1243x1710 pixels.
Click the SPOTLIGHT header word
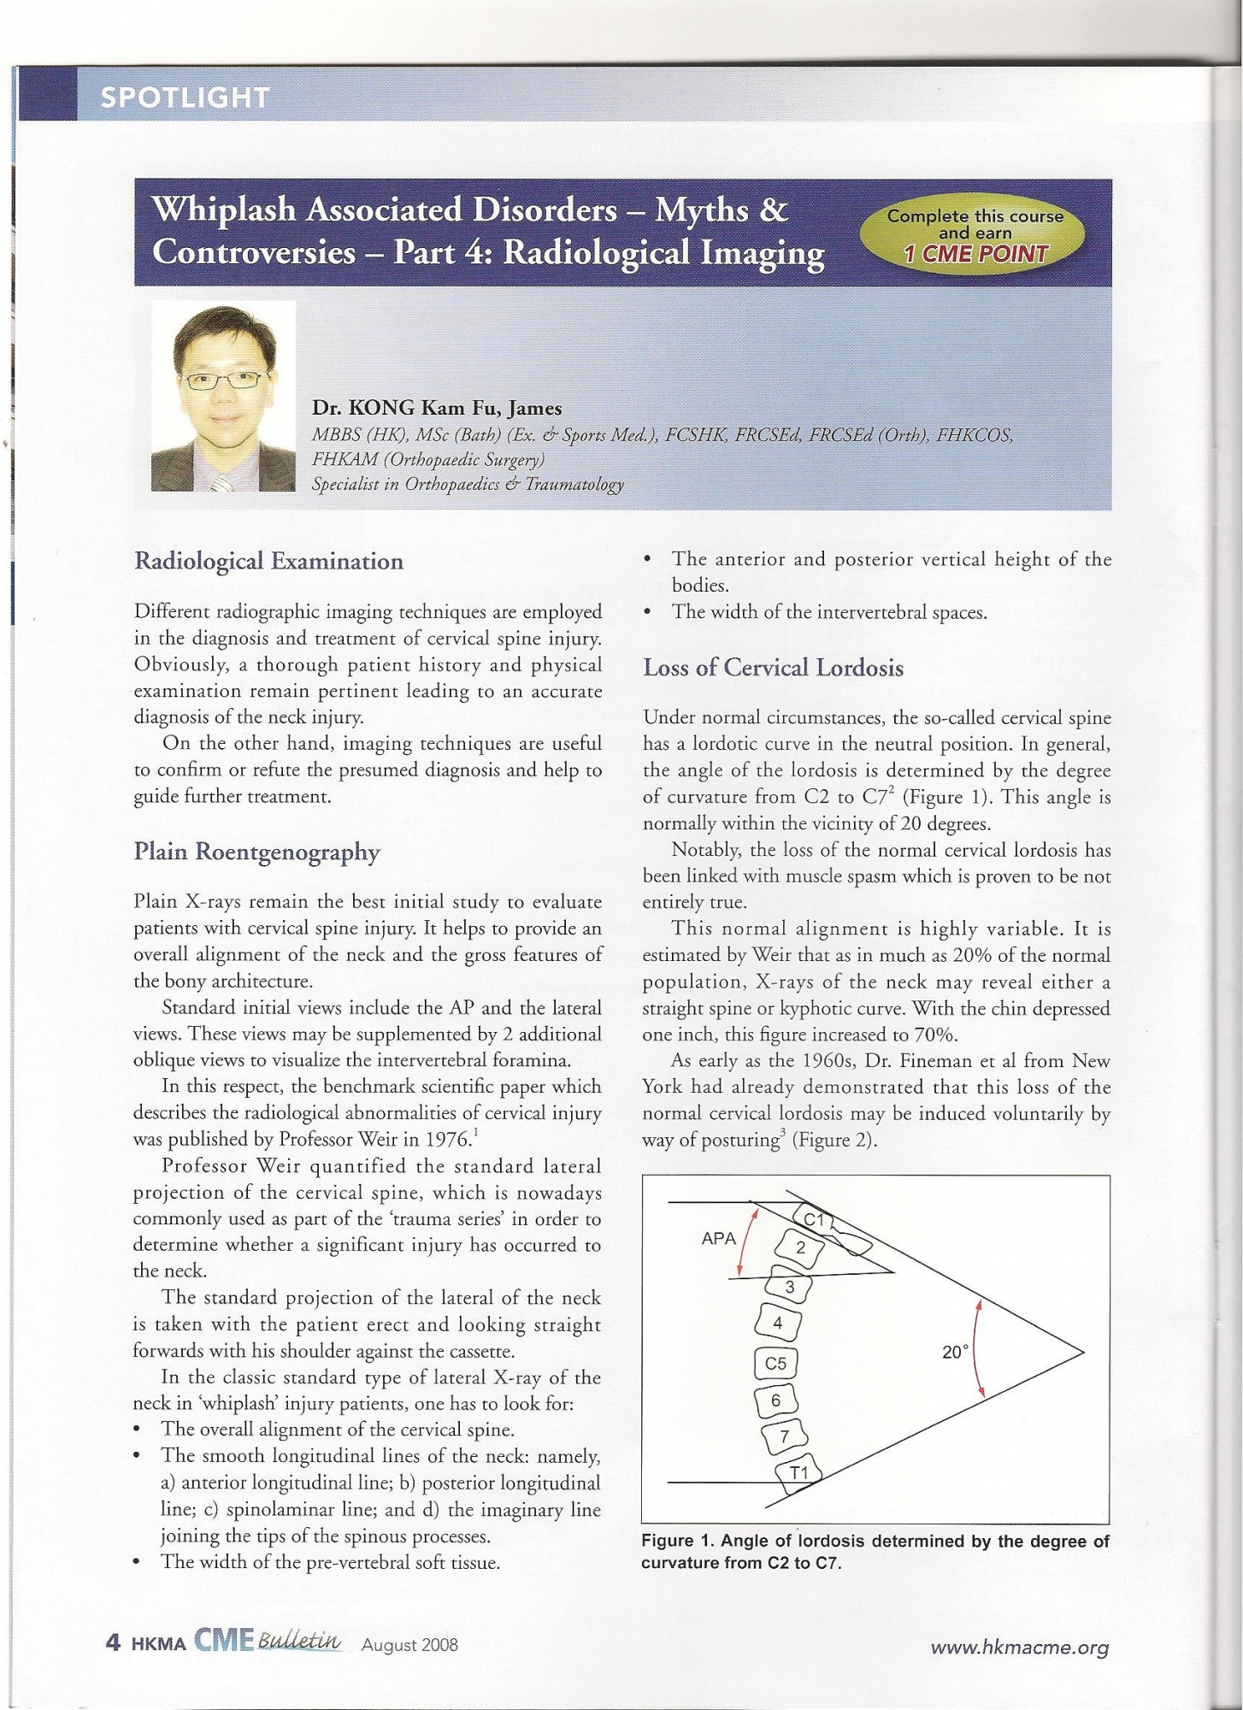[x=185, y=97]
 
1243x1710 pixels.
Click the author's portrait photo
[x=223, y=395]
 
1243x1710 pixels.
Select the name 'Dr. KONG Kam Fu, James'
[x=436, y=408]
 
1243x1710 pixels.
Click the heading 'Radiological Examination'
[x=268, y=562]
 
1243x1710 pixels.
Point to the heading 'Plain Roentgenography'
[x=256, y=852]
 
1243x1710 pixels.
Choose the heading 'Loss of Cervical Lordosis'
[x=773, y=668]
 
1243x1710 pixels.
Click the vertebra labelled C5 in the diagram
[x=775, y=1364]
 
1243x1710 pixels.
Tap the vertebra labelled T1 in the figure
[x=799, y=1472]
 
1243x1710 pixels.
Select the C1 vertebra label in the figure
[x=813, y=1219]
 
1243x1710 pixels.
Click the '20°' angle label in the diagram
[x=955, y=1353]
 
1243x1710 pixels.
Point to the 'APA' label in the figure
[x=718, y=1238]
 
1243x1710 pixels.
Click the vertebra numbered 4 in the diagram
[x=778, y=1324]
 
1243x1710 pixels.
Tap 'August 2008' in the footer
[x=409, y=1645]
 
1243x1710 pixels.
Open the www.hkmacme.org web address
[x=1019, y=1648]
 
